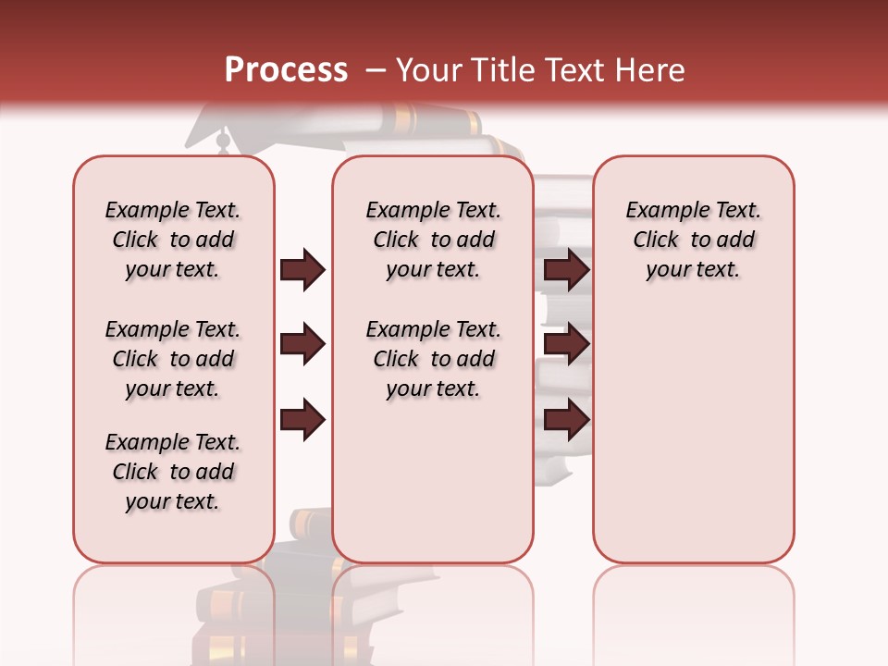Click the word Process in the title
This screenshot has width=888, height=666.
[x=286, y=69]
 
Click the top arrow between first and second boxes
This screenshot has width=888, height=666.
[x=302, y=269]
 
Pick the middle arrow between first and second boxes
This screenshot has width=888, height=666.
[x=302, y=344]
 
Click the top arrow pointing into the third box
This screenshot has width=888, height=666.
[x=566, y=269]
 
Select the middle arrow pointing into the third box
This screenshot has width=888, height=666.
[x=566, y=344]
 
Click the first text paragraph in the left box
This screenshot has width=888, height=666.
[x=173, y=240]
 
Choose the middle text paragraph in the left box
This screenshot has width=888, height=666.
[x=173, y=359]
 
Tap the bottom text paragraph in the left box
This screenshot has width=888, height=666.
[x=173, y=472]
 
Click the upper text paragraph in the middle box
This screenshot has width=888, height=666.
[x=433, y=240]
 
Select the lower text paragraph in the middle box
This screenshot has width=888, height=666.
[x=433, y=359]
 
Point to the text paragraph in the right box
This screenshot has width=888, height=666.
[x=693, y=240]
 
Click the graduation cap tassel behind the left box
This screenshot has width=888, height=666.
[x=222, y=142]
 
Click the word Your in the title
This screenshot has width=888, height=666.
[x=429, y=69]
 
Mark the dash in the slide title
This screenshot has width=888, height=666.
[x=375, y=70]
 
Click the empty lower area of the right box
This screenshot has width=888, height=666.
[x=693, y=435]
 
